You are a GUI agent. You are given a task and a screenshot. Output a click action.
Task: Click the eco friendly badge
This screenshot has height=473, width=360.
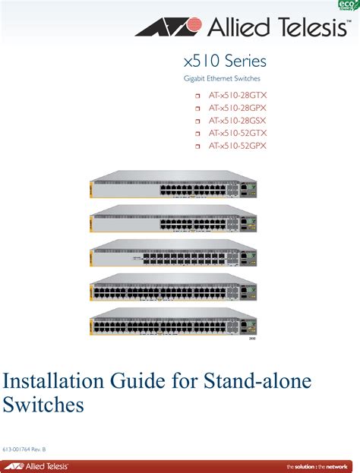349,5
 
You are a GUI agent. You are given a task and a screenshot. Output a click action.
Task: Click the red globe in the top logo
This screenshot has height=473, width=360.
192,25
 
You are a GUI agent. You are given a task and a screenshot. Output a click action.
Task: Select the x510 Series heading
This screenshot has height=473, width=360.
225,61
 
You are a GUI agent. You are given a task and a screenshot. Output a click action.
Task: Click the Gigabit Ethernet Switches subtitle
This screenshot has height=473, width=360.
222,78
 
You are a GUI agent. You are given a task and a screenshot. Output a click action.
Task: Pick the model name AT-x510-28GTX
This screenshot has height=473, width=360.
238,96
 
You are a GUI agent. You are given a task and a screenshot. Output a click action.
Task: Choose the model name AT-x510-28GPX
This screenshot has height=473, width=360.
238,108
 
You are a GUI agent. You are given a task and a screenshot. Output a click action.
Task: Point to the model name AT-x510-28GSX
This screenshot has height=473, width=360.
238,121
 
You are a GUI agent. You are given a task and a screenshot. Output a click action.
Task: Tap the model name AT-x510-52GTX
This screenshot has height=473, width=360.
238,133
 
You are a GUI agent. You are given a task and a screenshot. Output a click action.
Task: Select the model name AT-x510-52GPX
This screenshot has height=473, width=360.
238,146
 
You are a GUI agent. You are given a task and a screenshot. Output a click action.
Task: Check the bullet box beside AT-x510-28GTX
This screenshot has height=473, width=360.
197,96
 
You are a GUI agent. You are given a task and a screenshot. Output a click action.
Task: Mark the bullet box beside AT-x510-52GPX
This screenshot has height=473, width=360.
197,147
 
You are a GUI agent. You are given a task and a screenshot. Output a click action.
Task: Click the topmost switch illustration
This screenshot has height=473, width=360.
173,184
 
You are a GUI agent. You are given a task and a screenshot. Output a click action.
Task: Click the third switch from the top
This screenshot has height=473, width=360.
173,253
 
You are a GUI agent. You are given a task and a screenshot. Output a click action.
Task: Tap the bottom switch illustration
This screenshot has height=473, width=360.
173,322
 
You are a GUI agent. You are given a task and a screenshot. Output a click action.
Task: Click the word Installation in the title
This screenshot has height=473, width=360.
53,380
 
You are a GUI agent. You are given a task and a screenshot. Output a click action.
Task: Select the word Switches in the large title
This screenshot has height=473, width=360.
43,404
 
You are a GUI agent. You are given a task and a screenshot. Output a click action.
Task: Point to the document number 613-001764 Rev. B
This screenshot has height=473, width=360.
24,449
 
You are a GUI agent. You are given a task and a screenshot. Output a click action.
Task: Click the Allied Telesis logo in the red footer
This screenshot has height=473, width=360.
36,466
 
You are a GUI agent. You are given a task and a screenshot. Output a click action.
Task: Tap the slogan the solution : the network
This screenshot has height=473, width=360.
317,467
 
